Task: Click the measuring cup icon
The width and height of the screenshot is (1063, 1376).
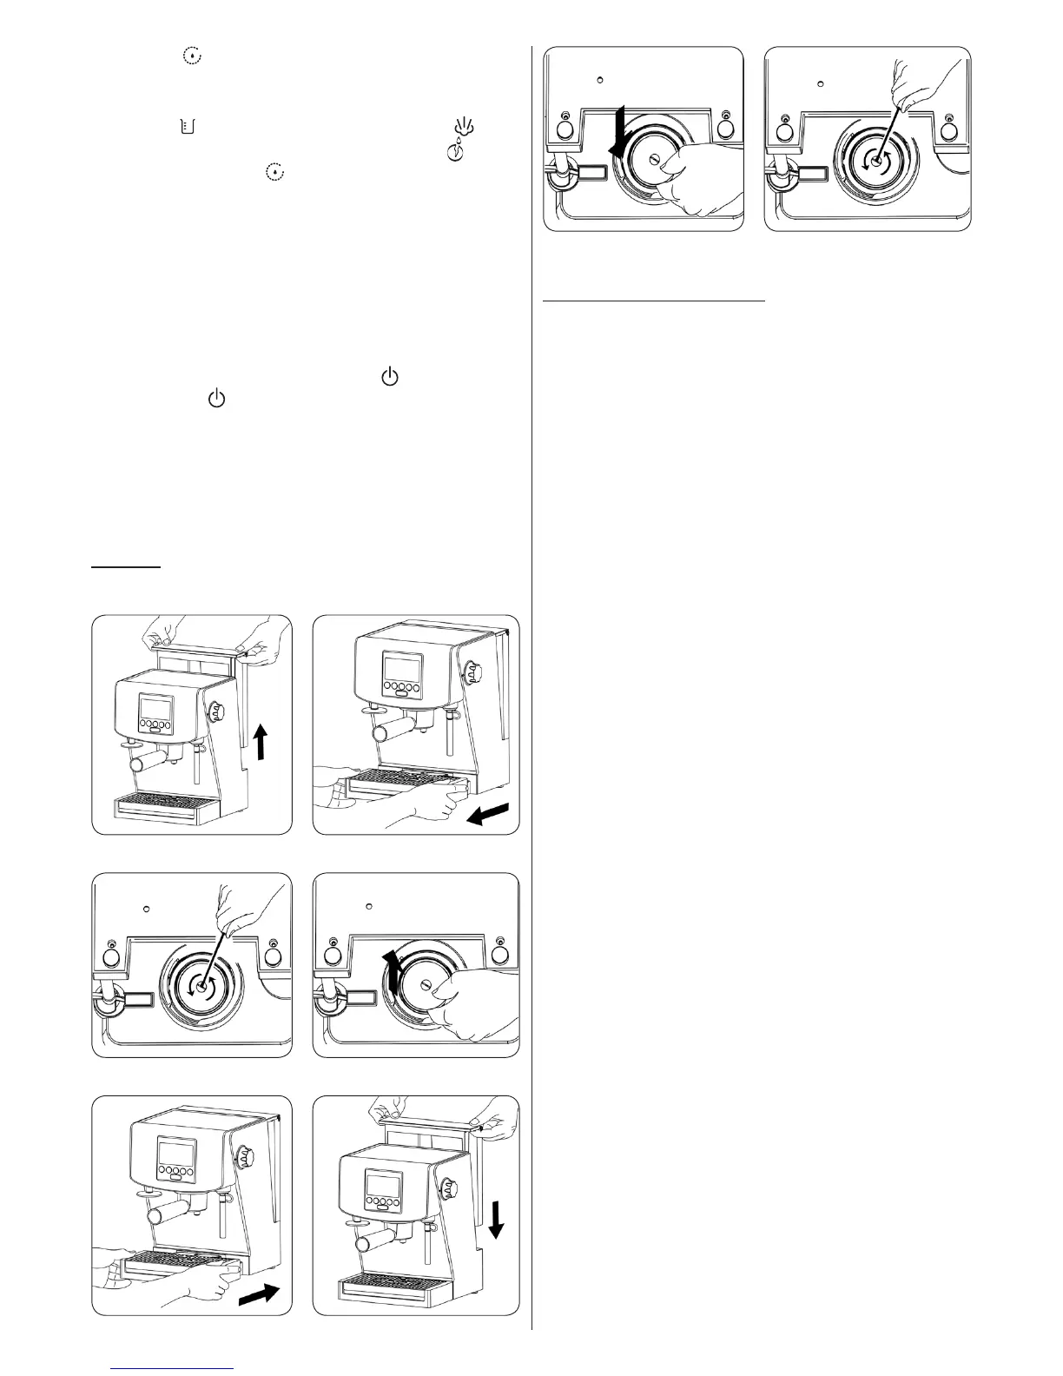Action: point(188,127)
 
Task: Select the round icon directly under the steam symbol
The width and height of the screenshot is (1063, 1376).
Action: point(459,153)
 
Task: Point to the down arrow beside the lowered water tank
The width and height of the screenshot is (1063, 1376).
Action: point(496,1219)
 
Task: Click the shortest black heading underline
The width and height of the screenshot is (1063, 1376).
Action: point(127,567)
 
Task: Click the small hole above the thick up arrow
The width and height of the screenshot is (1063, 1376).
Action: point(368,907)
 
